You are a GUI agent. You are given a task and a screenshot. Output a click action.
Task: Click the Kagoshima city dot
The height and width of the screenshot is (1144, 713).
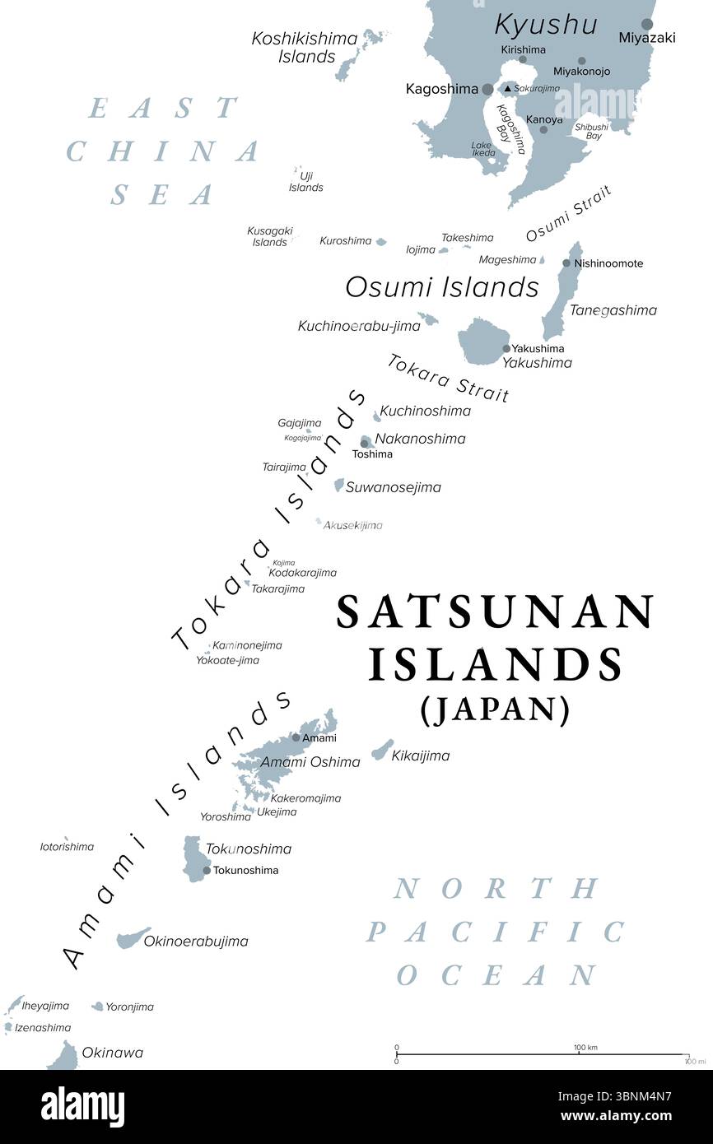488,89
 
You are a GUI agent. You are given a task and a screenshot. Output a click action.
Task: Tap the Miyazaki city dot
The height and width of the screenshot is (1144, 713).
648,25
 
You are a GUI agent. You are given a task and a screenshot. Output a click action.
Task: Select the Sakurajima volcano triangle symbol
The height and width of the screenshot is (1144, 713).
508,89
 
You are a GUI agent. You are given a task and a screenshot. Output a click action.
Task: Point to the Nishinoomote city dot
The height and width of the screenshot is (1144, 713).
566,263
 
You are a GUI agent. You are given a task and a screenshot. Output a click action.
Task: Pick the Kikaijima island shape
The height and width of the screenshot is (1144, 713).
383,750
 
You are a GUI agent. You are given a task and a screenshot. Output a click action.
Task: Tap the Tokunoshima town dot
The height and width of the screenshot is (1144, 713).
207,870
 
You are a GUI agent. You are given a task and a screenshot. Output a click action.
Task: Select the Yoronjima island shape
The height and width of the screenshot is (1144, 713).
98,1006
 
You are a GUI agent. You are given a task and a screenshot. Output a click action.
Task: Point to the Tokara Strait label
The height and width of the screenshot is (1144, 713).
448,377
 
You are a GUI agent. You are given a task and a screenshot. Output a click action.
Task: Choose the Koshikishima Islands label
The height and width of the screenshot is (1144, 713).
305,48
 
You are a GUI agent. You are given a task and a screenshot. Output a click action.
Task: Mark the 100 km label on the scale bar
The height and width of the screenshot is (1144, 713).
585,1047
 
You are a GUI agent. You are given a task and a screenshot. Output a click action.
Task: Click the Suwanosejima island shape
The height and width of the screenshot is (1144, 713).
338,486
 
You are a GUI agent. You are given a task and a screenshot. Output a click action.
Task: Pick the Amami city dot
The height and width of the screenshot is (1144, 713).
296,737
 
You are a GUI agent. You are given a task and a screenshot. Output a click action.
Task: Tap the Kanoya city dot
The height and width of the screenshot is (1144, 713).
543,129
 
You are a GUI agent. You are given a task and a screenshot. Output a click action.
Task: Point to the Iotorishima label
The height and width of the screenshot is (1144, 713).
67,846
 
